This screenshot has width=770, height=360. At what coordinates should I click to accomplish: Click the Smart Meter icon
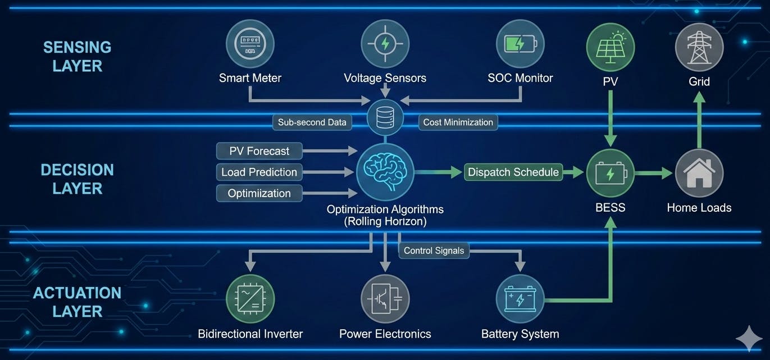[250, 44]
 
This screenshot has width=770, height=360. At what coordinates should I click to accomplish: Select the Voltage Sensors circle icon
[385, 44]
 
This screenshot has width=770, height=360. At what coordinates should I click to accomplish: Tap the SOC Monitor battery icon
[520, 44]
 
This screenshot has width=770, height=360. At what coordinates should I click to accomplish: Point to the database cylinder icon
[385, 118]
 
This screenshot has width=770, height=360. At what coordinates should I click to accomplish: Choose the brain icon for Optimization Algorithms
[385, 172]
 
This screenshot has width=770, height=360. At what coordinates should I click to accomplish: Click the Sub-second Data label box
[312, 122]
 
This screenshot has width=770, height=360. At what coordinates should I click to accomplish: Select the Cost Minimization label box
[458, 122]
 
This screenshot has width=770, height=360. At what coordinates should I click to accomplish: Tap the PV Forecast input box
[259, 151]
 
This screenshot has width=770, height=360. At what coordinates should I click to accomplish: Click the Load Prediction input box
[259, 172]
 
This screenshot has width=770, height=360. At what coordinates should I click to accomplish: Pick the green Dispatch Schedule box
[513, 172]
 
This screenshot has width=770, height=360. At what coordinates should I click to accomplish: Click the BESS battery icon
[610, 173]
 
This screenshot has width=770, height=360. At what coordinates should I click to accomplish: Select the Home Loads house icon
[699, 173]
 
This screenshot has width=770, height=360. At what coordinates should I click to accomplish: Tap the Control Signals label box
[434, 250]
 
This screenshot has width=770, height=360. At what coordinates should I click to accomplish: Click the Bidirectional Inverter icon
[250, 299]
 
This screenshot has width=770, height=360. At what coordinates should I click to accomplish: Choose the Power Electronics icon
[385, 299]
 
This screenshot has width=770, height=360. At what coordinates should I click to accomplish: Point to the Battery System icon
[520, 299]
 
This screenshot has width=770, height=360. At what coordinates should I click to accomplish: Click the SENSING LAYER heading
[78, 57]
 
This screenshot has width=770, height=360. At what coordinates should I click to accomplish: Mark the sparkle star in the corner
[749, 339]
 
